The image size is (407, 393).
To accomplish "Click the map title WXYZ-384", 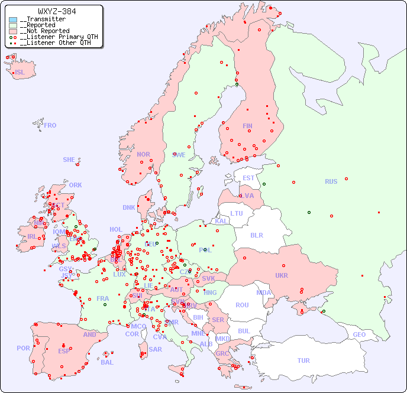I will click(x=57, y=11).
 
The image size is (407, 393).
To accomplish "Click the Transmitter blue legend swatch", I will click(x=13, y=20).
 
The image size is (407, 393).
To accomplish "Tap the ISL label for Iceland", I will click(x=20, y=73).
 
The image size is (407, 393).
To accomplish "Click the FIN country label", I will click(x=247, y=126).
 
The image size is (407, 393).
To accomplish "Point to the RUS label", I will click(x=331, y=181).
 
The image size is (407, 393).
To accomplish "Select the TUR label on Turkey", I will click(x=303, y=360).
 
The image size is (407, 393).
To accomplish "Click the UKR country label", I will click(x=282, y=275).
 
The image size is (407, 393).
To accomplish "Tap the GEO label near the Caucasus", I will click(x=359, y=334).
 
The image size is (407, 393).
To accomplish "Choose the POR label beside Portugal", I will click(x=23, y=348).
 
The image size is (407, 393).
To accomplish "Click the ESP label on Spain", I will click(x=64, y=350).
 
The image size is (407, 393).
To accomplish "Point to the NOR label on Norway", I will click(x=143, y=154).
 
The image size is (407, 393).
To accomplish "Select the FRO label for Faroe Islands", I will click(x=50, y=125).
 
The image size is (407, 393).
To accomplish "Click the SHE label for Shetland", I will click(x=69, y=160).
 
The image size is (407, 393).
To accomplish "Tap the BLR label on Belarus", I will click(x=256, y=235).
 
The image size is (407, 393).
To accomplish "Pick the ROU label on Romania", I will click(x=242, y=305).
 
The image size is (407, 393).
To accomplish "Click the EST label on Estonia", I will click(x=248, y=178).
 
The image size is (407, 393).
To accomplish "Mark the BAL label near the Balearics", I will click(x=106, y=362).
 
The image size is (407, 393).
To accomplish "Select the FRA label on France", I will click(x=103, y=298).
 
